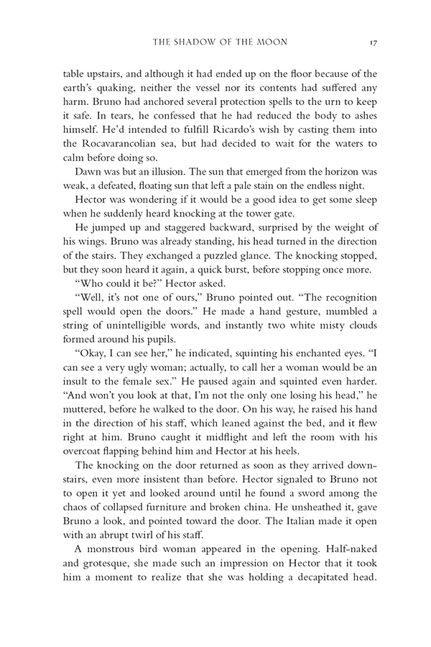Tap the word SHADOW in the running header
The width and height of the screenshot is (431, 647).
[200, 42]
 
